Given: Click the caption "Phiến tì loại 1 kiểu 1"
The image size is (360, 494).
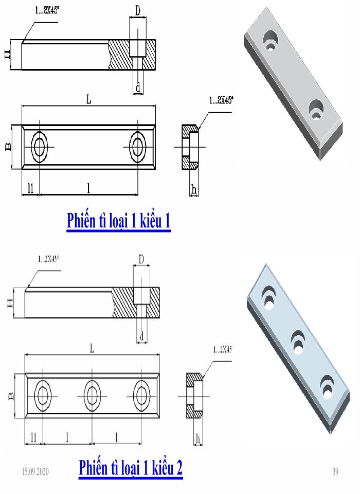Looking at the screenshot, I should click(118, 221).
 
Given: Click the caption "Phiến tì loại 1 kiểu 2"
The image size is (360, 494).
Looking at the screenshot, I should click(131, 468).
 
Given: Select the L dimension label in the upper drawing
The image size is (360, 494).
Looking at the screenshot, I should click(88, 100).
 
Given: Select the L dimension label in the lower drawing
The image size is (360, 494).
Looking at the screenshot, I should click(92, 348).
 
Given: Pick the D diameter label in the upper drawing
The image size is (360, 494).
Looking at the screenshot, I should click(137, 10).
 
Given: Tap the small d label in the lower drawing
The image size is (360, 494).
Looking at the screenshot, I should click(141, 337).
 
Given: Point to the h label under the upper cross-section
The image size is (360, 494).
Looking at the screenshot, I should click(193, 189).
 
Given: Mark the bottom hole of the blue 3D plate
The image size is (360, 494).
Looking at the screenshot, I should click(325, 386).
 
